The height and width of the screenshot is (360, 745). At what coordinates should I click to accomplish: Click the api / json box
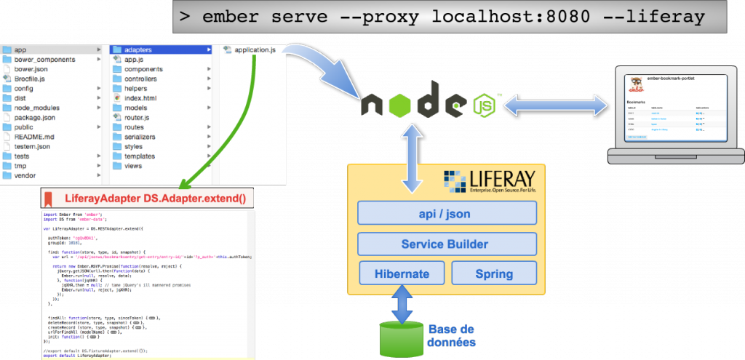447,212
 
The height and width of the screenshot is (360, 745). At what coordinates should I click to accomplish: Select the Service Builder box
447,243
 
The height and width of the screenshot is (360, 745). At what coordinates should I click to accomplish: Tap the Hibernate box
401,273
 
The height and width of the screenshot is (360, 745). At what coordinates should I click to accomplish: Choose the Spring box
494,273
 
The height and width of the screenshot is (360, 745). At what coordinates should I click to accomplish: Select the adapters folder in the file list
138,49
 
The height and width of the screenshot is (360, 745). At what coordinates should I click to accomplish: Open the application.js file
254,49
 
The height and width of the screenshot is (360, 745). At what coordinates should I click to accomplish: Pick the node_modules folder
36,108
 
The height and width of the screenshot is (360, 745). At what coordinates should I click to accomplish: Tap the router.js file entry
136,117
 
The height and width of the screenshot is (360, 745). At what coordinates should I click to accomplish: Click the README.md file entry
33,137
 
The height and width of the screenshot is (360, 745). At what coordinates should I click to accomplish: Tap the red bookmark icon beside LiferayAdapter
48,198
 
